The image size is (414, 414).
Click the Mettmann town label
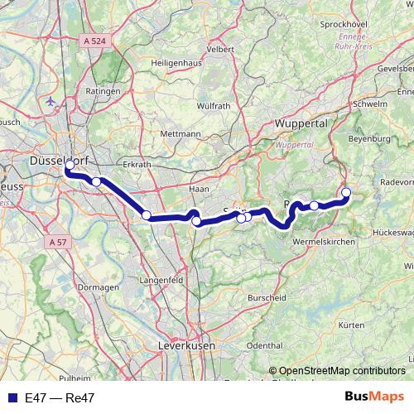click(181, 133)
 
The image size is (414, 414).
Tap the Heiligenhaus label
click(176, 63)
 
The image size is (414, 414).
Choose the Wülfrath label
click(190, 105)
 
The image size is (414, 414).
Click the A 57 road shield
click(56, 242)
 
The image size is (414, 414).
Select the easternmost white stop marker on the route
click(346, 193)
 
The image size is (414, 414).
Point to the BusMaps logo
click(374, 397)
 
